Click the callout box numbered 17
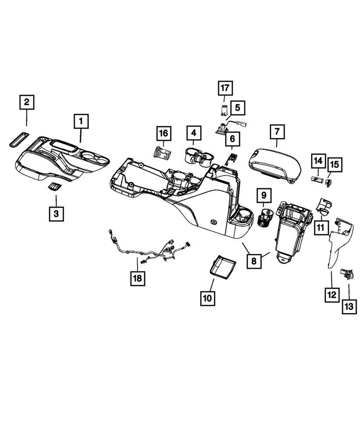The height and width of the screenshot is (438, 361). point(225,88)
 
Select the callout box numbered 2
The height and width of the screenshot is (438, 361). point(27,102)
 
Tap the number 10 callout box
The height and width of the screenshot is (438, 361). point(208,298)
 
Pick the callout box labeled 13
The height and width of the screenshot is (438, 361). point(349,307)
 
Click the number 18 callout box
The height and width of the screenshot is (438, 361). point(138,278)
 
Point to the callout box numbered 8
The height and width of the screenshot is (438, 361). point(254,261)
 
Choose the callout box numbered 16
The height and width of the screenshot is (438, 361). point(164,133)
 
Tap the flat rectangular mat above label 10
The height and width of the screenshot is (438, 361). point(223,266)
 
